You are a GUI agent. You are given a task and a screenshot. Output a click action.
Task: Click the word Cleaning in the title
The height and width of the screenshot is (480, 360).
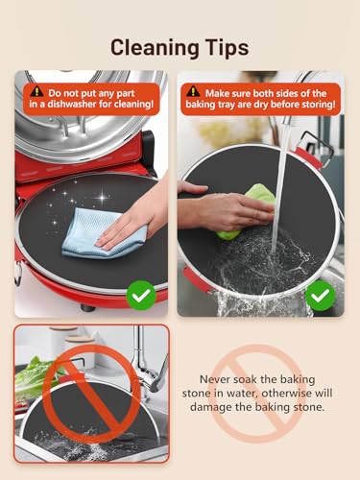(x=155, y=49)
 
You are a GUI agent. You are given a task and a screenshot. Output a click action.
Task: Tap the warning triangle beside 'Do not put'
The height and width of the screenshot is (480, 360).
(x=37, y=91)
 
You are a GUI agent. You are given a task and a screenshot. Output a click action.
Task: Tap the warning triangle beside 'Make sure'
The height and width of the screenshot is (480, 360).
(x=193, y=91)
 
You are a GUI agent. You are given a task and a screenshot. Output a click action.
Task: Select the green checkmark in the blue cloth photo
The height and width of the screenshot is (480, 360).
(x=141, y=296)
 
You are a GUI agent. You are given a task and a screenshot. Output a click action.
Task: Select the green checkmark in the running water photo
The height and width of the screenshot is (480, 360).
(x=320, y=296)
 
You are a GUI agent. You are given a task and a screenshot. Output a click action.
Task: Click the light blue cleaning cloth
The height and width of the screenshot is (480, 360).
(x=96, y=232)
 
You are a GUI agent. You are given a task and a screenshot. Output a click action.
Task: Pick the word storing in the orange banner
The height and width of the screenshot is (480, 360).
(x=316, y=105)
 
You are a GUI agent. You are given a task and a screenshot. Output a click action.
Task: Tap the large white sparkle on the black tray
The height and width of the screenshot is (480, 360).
(x=102, y=198)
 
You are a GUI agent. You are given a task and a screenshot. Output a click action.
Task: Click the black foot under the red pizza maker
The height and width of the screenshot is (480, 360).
(x=88, y=308)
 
